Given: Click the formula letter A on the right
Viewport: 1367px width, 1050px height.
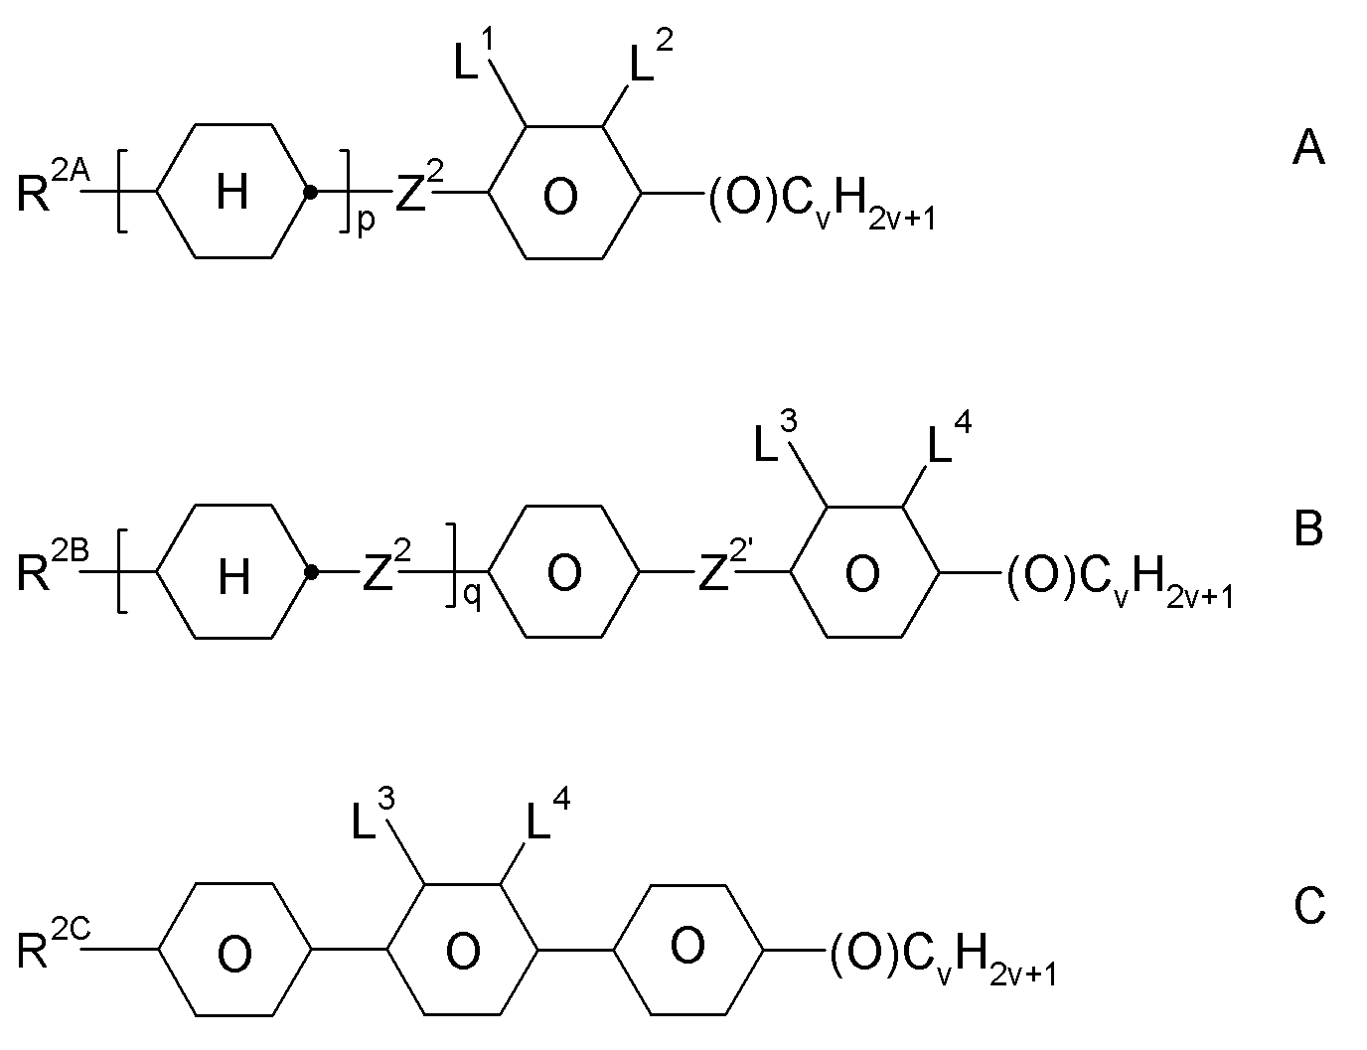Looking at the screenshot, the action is pos(1308,147).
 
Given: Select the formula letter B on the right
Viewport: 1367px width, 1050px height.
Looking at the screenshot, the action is pos(1308,528).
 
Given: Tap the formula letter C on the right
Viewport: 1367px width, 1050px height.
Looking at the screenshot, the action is pos(1309,906).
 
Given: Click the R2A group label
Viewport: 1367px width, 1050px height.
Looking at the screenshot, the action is pos(54,183).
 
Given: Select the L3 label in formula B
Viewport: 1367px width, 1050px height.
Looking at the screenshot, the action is pos(775,437).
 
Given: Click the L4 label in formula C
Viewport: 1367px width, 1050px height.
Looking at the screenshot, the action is pos(548,815).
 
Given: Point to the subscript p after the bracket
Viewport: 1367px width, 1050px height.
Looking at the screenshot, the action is pos(367,222).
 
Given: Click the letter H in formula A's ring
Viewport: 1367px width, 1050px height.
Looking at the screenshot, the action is pos(232,192).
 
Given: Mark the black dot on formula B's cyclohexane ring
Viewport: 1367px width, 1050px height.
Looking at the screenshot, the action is pos(311,572).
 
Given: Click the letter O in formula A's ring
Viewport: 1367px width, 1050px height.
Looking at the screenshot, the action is pos(560,196).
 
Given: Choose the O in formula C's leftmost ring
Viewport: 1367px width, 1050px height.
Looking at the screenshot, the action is pos(234,954).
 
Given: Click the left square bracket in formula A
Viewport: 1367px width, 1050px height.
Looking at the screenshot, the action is pos(122,191).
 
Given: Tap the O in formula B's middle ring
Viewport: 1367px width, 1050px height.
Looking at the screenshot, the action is pos(564,573).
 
